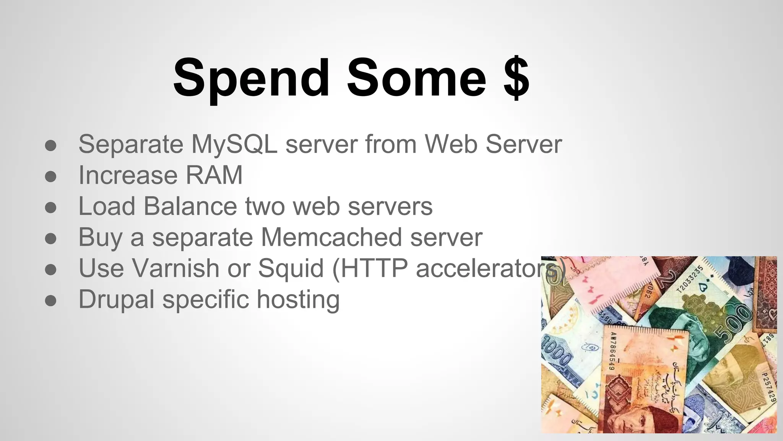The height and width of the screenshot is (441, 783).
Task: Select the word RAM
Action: [x=214, y=175]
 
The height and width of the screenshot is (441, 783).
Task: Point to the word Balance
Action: [x=190, y=206]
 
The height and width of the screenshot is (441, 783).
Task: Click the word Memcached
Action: [x=331, y=237]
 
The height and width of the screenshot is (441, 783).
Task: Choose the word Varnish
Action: [x=176, y=268]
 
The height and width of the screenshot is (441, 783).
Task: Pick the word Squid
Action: [x=291, y=269]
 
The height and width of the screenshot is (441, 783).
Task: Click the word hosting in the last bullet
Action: [x=298, y=299]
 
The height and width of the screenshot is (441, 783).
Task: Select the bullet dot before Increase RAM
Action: [x=51, y=176]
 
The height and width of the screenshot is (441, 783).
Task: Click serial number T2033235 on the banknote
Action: [x=689, y=279]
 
